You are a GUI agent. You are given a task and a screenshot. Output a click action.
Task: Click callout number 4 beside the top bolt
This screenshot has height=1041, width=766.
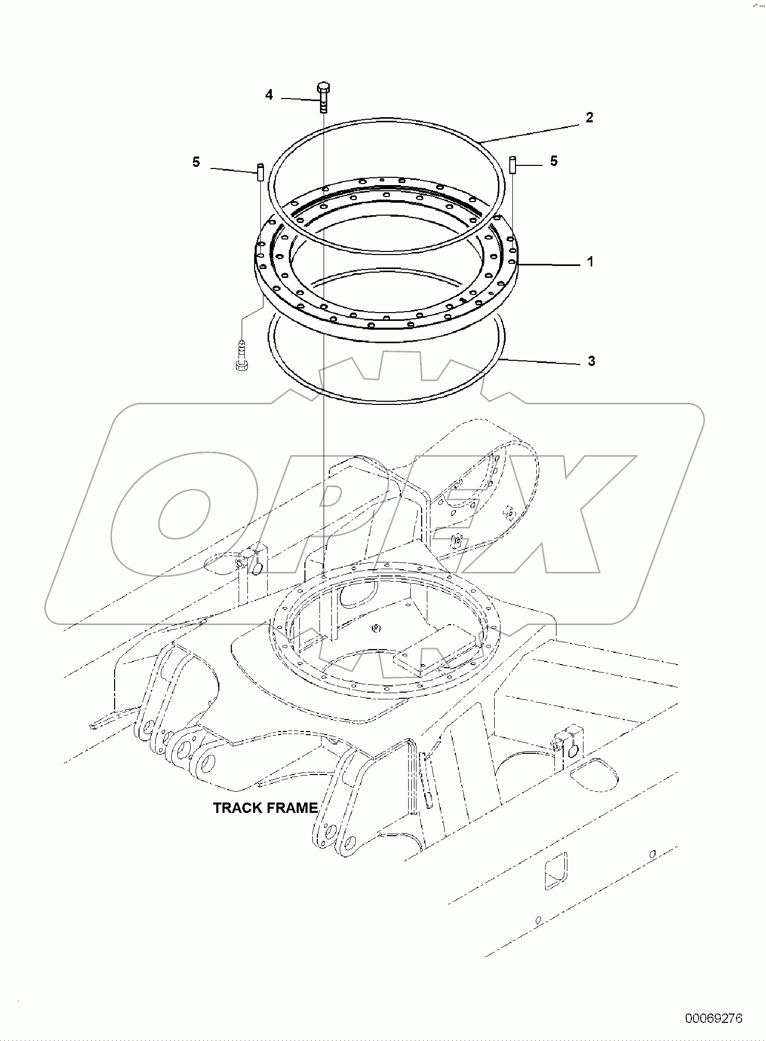[269, 95]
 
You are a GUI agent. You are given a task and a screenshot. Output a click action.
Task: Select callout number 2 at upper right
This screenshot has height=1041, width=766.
[589, 118]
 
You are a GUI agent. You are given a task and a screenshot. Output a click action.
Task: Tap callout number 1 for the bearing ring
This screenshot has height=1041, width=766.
[590, 262]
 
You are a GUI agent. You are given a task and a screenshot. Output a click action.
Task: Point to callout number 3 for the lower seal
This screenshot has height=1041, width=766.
[591, 361]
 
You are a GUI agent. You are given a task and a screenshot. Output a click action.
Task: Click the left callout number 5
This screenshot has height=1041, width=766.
[196, 162]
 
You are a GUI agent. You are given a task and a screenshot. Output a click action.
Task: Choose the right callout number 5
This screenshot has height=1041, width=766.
[554, 161]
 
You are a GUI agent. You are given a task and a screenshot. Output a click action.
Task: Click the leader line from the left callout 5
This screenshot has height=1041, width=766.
[233, 169]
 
